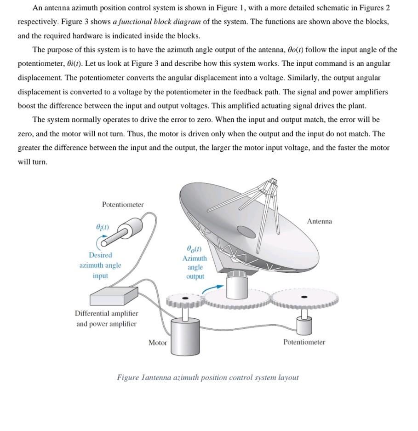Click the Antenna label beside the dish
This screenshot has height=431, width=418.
[x=319, y=222]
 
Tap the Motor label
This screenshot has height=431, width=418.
[x=158, y=343]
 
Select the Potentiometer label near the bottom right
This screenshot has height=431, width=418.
[x=304, y=342]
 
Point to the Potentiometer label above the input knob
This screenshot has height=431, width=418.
[x=122, y=205]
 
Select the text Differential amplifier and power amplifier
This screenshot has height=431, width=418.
[x=106, y=318]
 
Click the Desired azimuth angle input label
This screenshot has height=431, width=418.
[x=100, y=265]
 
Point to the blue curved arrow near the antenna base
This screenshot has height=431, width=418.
[x=213, y=287]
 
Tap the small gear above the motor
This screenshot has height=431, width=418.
[x=184, y=300]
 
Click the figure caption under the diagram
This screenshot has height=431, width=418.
[x=207, y=378]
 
